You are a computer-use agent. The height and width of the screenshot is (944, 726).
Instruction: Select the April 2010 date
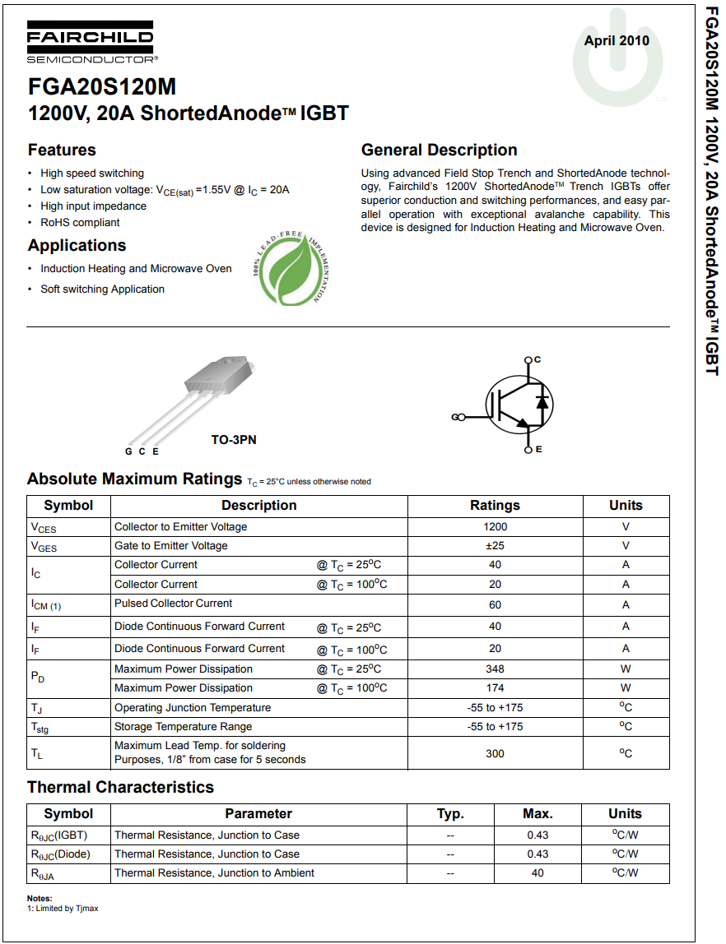click(617, 40)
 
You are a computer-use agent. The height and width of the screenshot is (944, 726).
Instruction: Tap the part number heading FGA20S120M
click(101, 87)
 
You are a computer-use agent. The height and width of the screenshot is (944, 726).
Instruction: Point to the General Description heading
click(439, 150)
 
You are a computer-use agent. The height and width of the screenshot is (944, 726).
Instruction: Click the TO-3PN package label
click(234, 440)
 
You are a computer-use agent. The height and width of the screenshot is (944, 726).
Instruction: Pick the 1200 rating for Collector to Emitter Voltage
click(495, 526)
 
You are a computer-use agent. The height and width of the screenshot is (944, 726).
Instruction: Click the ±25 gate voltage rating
click(495, 545)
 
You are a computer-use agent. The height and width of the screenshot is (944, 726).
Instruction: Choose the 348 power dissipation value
click(495, 669)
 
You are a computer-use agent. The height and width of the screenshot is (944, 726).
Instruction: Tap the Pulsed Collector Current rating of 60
click(495, 604)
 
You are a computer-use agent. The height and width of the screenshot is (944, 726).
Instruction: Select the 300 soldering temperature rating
click(495, 753)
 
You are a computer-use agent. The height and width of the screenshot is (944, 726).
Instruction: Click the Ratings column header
click(495, 505)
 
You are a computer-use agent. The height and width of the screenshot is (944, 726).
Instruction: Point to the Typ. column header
click(450, 813)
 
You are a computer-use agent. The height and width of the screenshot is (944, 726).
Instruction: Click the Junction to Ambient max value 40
click(537, 872)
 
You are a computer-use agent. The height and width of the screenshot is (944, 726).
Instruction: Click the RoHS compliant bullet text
click(80, 222)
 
